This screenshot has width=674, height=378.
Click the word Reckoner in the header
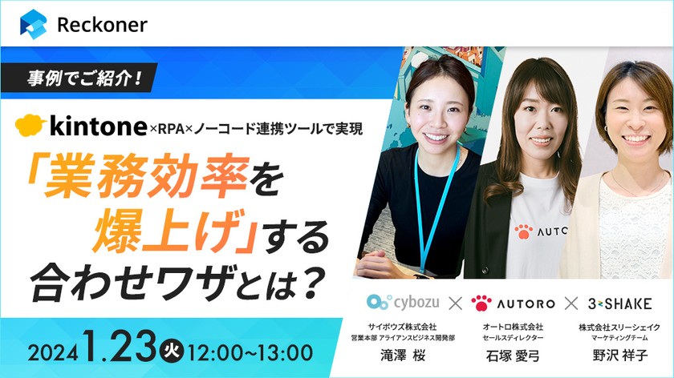coord(102,25)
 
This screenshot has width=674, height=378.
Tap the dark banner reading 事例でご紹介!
coord(84,79)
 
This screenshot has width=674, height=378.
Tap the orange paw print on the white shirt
coord(523,232)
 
